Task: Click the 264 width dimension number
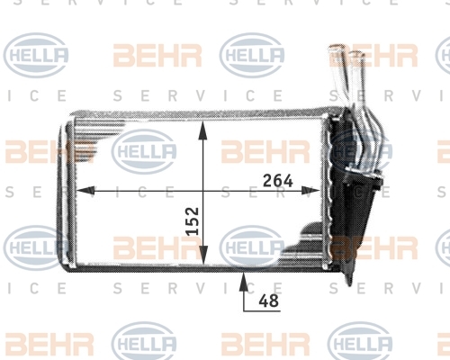click(277, 181)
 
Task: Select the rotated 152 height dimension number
click(193, 220)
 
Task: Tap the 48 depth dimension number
click(269, 301)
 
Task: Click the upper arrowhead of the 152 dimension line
click(203, 130)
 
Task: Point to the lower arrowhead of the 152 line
click(203, 255)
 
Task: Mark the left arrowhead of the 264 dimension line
click(85, 190)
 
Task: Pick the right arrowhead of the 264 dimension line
click(310, 190)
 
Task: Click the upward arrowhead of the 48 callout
click(244, 282)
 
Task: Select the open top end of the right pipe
click(356, 55)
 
